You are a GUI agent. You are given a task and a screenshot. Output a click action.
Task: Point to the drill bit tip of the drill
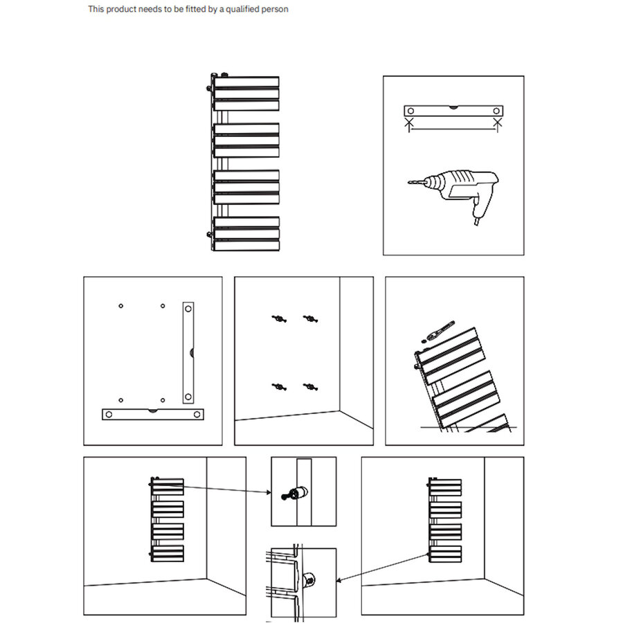click(410, 183)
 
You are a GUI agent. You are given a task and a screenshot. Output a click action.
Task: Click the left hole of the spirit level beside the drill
click(410, 111)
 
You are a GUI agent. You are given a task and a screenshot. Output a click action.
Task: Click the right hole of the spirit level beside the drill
click(496, 111)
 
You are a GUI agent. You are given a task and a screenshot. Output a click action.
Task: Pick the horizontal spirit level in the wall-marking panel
click(153, 414)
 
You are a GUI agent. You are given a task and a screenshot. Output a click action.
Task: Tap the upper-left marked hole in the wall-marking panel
click(120, 306)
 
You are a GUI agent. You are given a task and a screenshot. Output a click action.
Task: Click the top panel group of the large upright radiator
click(246, 93)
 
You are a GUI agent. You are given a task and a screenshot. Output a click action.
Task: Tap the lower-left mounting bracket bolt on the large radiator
click(210, 234)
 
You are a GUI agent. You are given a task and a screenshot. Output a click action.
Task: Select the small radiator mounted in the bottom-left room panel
click(168, 519)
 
